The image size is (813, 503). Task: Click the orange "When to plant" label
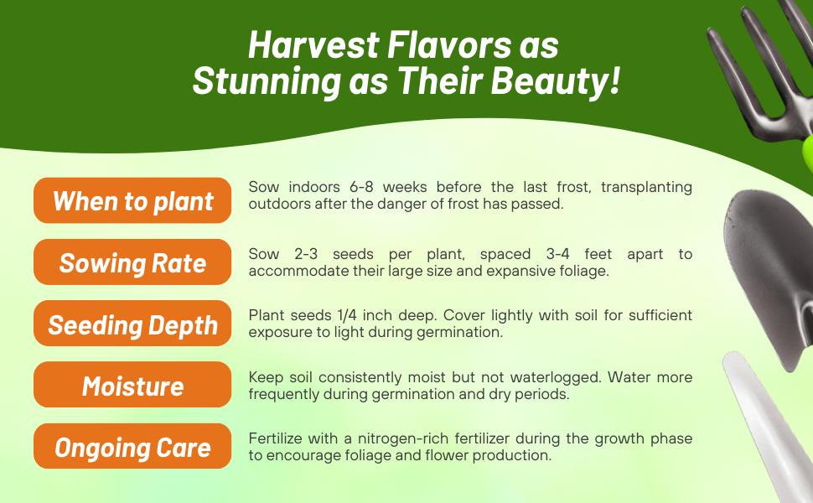132,201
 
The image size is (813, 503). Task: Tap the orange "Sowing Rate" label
132,263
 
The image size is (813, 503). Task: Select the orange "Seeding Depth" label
132,324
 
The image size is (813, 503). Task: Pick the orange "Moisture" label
132,386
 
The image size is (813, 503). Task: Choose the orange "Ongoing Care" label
132,447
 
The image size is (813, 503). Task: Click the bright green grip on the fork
806,151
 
